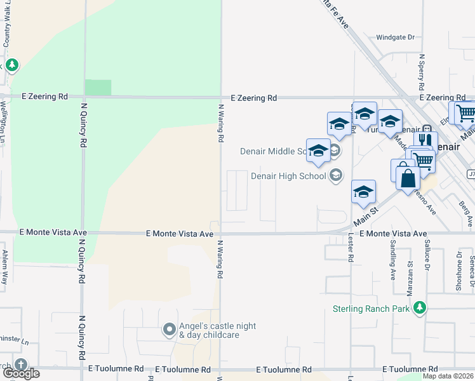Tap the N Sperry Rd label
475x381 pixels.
(x=421, y=71)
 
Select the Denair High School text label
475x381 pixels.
(x=288, y=176)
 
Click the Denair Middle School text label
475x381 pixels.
(x=276, y=151)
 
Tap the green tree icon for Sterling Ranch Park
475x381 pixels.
(x=418, y=309)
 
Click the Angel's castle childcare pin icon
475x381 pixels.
(x=169, y=329)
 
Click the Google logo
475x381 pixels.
(x=20, y=373)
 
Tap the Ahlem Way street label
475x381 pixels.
(x=4, y=263)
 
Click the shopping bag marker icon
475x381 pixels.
(x=408, y=178)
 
